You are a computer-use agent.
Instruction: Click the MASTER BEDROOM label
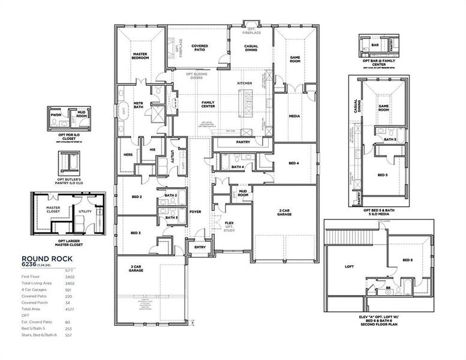point(140,56)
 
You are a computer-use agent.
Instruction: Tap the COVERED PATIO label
point(200,49)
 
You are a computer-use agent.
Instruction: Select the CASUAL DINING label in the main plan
point(251,48)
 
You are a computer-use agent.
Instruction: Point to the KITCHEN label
point(244,83)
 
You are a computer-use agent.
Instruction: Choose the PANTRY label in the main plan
point(243,142)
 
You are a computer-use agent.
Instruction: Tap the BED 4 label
point(293,163)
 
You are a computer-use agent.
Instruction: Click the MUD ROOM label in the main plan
point(243,193)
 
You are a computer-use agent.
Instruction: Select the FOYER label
point(196,211)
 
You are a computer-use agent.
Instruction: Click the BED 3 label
point(136,233)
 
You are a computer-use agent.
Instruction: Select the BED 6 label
point(407,260)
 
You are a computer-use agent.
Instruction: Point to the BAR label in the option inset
point(374,44)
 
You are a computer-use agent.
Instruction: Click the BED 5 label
point(383,175)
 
